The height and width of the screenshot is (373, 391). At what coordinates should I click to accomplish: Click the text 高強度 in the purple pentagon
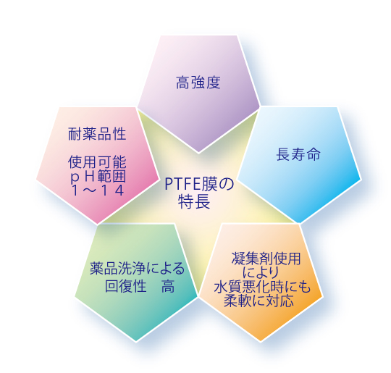(x=198, y=83)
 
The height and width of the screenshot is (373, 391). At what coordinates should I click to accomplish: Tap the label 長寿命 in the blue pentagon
(x=298, y=154)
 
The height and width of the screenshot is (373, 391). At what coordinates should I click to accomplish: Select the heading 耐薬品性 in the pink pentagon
(x=97, y=134)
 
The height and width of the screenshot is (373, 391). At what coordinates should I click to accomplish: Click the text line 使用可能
(x=97, y=162)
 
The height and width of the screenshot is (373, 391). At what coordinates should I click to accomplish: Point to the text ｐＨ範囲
(x=98, y=177)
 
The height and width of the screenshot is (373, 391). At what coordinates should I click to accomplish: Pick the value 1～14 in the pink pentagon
(x=98, y=190)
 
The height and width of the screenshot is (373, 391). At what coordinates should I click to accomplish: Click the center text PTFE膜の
(x=199, y=184)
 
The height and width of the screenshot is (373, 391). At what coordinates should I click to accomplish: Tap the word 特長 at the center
(x=194, y=201)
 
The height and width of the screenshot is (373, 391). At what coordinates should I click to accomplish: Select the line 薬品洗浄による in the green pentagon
(x=137, y=269)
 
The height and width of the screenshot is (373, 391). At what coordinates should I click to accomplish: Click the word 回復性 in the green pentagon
(x=126, y=286)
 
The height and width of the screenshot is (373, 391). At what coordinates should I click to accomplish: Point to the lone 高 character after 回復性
(x=168, y=286)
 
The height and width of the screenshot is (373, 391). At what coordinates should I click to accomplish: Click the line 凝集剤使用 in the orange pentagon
(x=266, y=259)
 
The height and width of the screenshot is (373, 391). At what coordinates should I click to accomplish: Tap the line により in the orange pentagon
(x=261, y=273)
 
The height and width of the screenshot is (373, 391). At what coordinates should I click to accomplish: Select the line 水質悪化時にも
(x=262, y=287)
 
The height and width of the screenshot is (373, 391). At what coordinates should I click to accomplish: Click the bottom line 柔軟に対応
(x=258, y=301)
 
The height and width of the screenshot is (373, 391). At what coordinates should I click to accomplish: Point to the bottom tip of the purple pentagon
(x=198, y=152)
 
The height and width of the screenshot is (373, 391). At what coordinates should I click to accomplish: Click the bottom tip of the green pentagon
(x=136, y=341)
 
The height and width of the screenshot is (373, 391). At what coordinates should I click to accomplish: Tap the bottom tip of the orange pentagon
(x=261, y=341)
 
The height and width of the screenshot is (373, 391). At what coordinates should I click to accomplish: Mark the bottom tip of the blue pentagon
(x=299, y=222)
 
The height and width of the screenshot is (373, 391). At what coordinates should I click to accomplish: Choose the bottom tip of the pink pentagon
(x=98, y=224)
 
